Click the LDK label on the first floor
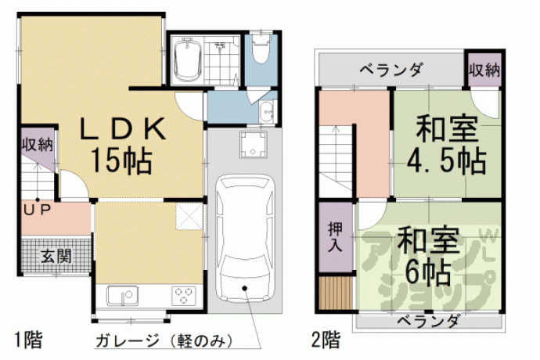point(123,129)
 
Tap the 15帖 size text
point(121,161)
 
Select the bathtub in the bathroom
point(188,60)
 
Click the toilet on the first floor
point(261,49)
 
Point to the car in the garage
point(245,238)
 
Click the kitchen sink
point(122,296)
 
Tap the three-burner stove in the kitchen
point(184,296)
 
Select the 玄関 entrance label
point(56,257)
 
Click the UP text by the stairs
point(38,210)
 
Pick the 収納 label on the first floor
point(38,145)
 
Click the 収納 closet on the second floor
point(484,70)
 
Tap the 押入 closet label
point(336,236)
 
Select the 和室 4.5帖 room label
point(447,146)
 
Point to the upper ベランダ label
point(391,70)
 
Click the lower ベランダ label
point(428,322)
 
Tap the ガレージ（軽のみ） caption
point(164,341)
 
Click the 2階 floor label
point(326,340)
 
